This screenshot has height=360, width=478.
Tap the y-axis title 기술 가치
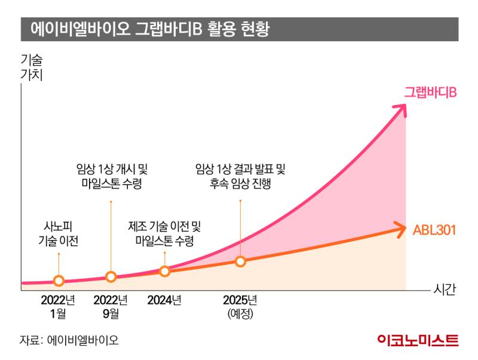click(32, 67)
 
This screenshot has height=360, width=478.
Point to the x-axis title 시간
click(444, 290)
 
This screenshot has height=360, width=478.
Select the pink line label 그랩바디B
click(430, 93)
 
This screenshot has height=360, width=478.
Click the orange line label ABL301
click(434, 229)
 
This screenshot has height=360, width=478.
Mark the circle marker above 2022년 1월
click(59, 281)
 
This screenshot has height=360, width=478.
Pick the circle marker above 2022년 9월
click(111, 276)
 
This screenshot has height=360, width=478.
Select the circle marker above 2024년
click(165, 271)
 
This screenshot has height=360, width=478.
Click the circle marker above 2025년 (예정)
click(240, 261)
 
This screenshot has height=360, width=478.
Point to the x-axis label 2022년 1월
click(58, 305)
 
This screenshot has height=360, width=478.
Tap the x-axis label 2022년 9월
click(111, 305)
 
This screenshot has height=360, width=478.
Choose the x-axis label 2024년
click(164, 300)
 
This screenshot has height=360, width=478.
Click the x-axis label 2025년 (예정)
click(240, 305)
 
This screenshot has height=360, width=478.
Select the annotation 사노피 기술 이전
click(58, 234)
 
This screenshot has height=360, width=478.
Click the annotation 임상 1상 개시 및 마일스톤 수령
click(112, 176)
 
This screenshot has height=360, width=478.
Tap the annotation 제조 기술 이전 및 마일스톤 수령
click(165, 233)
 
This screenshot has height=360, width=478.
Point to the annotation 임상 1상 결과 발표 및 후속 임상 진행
click(241, 176)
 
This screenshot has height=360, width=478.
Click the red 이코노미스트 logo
click(418, 340)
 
